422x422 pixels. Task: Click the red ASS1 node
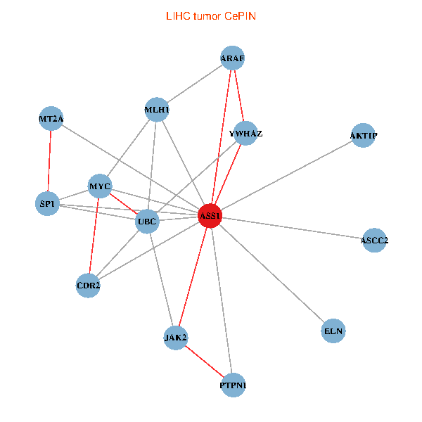point(210,216)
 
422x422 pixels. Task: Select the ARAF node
point(231,58)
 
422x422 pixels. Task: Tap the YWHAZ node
point(245,133)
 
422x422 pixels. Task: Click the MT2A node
point(51,119)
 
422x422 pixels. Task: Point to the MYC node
point(99,186)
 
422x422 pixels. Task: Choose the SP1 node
point(47,204)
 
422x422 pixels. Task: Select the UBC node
point(147,222)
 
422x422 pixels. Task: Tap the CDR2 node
point(88,286)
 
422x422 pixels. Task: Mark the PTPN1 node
point(234,385)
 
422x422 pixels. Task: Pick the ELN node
point(333,330)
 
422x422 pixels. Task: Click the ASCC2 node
point(374,241)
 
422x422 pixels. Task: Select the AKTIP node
point(362,135)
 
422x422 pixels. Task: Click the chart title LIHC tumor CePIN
point(210,15)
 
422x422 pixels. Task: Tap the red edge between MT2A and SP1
point(49,162)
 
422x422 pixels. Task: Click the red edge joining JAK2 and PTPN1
point(204,362)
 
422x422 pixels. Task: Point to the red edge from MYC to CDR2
point(94,236)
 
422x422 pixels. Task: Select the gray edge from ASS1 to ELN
point(271,273)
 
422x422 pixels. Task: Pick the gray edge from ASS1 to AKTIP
point(286,176)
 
